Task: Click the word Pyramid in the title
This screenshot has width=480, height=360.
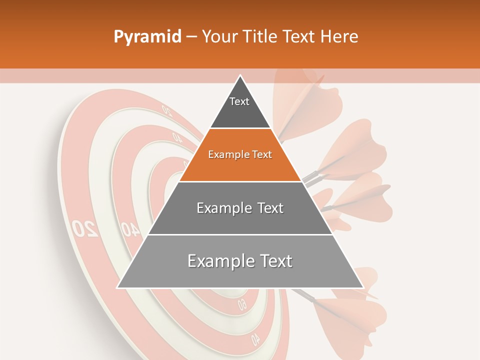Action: click(147, 37)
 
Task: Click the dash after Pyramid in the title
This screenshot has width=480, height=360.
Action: click(191, 37)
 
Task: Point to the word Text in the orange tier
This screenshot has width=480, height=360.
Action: click(261, 155)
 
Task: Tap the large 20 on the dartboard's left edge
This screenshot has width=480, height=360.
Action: click(84, 227)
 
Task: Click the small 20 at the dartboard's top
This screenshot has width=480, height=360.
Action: click(166, 110)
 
